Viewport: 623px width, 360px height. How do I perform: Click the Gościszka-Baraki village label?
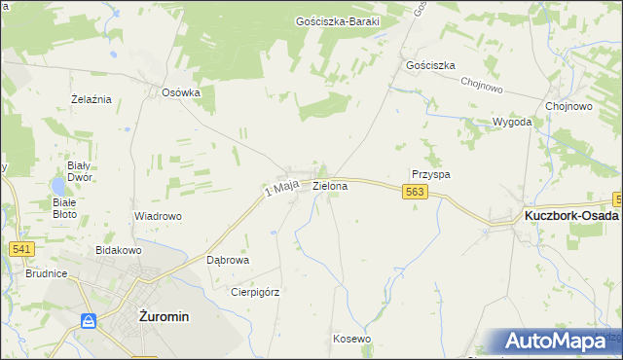coord(337,21)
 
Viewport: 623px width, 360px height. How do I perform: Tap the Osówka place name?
coord(180,93)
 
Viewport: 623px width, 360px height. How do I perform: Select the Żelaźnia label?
coord(92,99)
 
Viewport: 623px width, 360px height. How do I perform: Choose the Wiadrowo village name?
coord(158,216)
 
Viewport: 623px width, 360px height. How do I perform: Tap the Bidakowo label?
coord(119,250)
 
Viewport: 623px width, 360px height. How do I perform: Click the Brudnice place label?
coord(47,273)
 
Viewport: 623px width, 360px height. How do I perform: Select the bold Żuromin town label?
coord(164,316)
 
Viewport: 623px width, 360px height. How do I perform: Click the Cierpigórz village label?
coord(254,291)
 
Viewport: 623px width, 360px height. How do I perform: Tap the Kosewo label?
coord(351,339)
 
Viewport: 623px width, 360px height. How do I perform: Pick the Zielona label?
coord(330,185)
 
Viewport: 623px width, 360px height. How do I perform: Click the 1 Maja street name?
coord(280,188)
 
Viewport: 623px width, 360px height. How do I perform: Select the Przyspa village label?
coord(431,174)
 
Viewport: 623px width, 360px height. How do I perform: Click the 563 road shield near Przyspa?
coord(415,194)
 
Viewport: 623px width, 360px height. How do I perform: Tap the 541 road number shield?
coord(22,249)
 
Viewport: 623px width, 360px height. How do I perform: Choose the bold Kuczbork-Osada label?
coord(570,216)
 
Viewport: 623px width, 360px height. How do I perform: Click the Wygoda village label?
coord(512,122)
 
